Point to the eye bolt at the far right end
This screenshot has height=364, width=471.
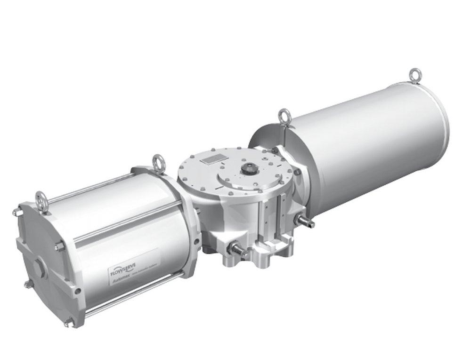(415, 75)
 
